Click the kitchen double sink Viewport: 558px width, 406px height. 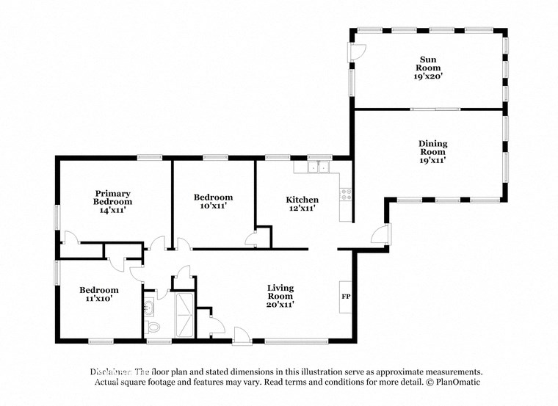coord(319,167)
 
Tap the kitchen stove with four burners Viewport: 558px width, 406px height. coord(345,195)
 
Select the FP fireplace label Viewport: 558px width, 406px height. coord(345,297)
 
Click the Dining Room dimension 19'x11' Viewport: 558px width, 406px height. coord(433,159)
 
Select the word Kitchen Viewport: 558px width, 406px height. coord(302,200)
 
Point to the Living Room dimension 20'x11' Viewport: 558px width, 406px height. coord(280,305)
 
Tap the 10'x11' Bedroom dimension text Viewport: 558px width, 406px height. coord(213,206)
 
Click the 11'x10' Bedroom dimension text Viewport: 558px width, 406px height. coord(99,300)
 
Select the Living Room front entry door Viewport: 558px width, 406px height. coord(241,335)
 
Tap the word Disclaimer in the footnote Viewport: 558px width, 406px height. coord(111,371)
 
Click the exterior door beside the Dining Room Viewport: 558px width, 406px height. coord(380,235)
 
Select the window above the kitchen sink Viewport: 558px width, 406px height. coord(319,156)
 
